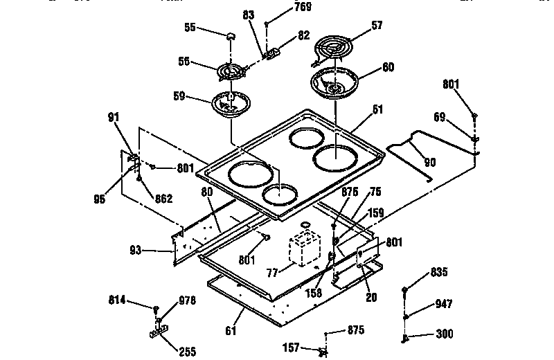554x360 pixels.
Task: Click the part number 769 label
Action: pos(283,8)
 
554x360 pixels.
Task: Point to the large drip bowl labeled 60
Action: pos(334,82)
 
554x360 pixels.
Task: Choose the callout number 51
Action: pos(377,109)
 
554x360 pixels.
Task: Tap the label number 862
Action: pos(163,199)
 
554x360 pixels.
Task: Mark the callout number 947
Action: pos(445,303)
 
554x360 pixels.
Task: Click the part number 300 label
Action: pos(445,334)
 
